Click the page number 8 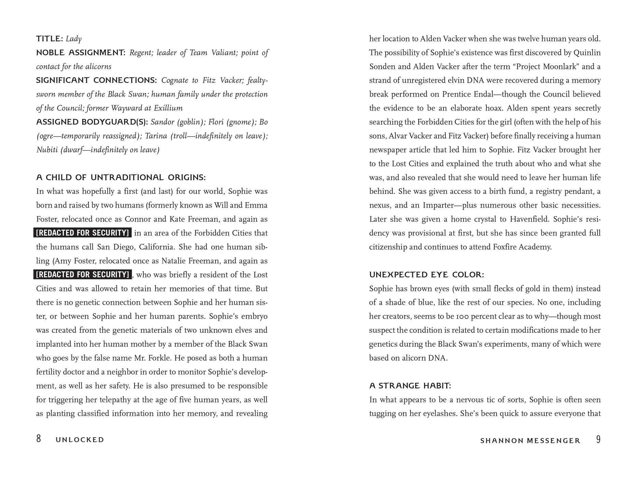click(39, 439)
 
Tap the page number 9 click(598, 439)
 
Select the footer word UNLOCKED click(80, 440)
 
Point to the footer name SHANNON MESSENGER click(530, 441)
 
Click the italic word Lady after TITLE click(74, 39)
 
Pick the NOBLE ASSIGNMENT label click(81, 53)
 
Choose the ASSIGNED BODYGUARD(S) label click(92, 122)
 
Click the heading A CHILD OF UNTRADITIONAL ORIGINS click(121, 178)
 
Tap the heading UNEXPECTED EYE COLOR click(426, 275)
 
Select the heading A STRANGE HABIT click(410, 386)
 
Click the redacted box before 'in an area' click(83, 233)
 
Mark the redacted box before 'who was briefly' click(83, 275)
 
